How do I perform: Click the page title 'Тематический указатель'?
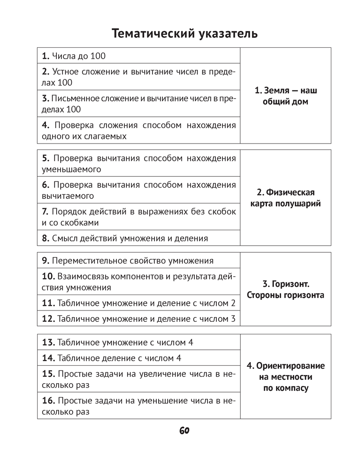(185, 34)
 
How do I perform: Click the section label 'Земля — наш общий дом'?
(286, 96)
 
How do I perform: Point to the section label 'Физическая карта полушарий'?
(286, 198)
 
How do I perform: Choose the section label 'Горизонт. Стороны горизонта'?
(286, 290)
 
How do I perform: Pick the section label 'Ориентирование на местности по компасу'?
(286, 377)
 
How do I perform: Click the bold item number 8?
(46, 238)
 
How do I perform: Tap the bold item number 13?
(48, 342)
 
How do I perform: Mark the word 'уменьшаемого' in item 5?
(71, 169)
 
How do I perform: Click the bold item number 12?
(48, 319)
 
